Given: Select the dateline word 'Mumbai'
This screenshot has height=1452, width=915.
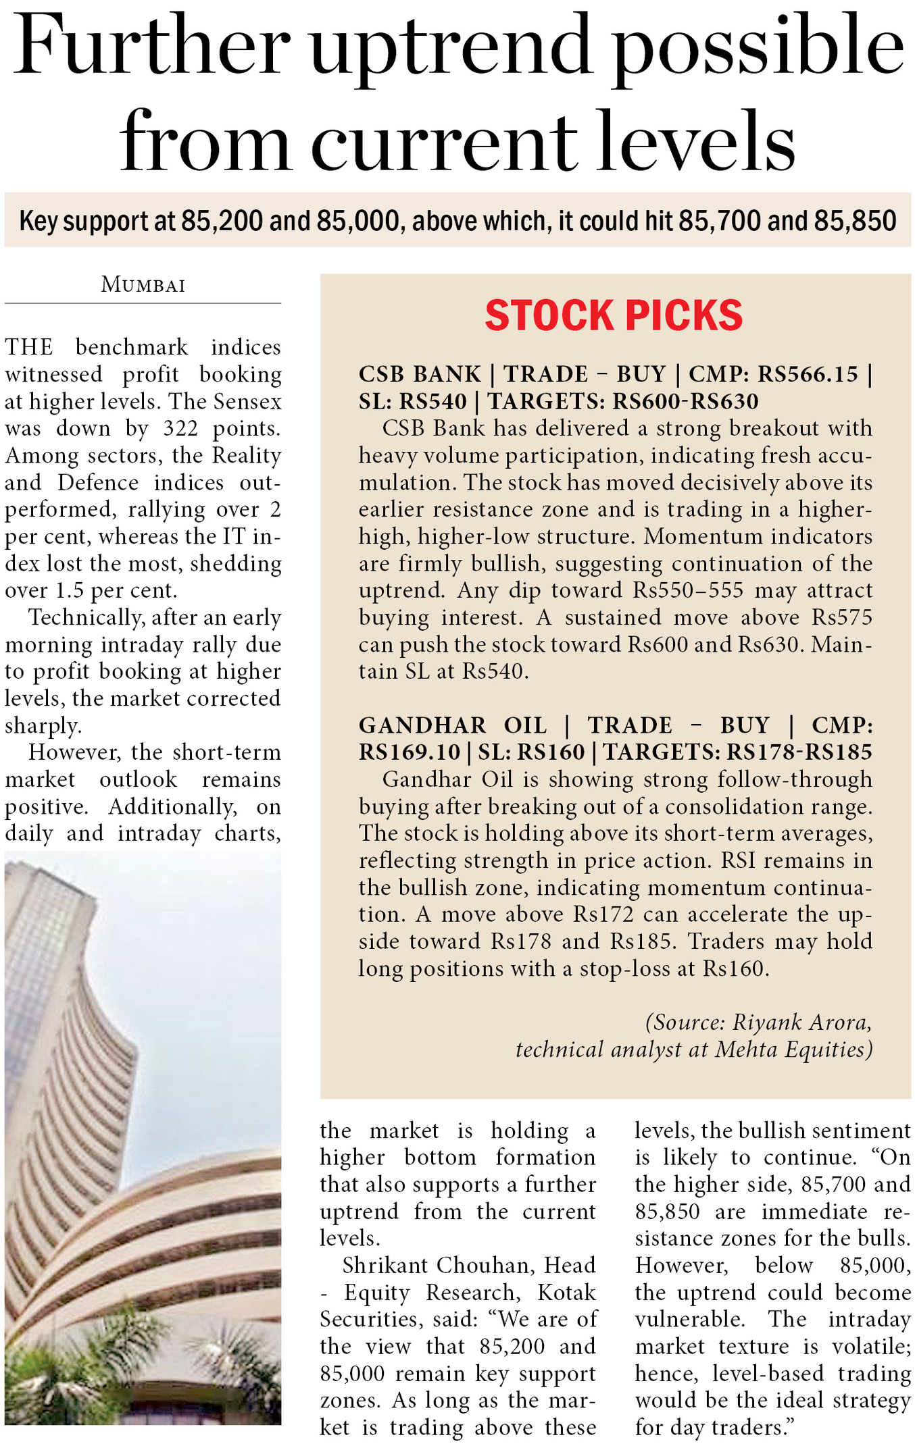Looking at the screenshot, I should coord(143,285).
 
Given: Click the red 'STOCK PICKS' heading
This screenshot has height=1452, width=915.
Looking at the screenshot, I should coord(614,315).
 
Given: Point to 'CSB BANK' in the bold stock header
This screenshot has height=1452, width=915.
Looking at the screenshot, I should coord(420,374).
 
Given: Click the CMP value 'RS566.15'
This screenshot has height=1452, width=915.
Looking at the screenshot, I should coord(807,374).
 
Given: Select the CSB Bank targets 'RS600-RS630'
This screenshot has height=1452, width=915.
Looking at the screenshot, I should coord(685,402).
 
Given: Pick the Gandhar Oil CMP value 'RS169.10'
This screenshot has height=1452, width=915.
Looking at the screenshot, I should coord(410,752).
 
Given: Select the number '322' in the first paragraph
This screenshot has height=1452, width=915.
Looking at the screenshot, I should coord(180,429).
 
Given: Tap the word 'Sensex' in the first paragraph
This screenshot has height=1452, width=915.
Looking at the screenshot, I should coord(247,402).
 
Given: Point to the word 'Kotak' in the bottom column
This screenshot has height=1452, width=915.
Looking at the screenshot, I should coord(566,1292).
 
